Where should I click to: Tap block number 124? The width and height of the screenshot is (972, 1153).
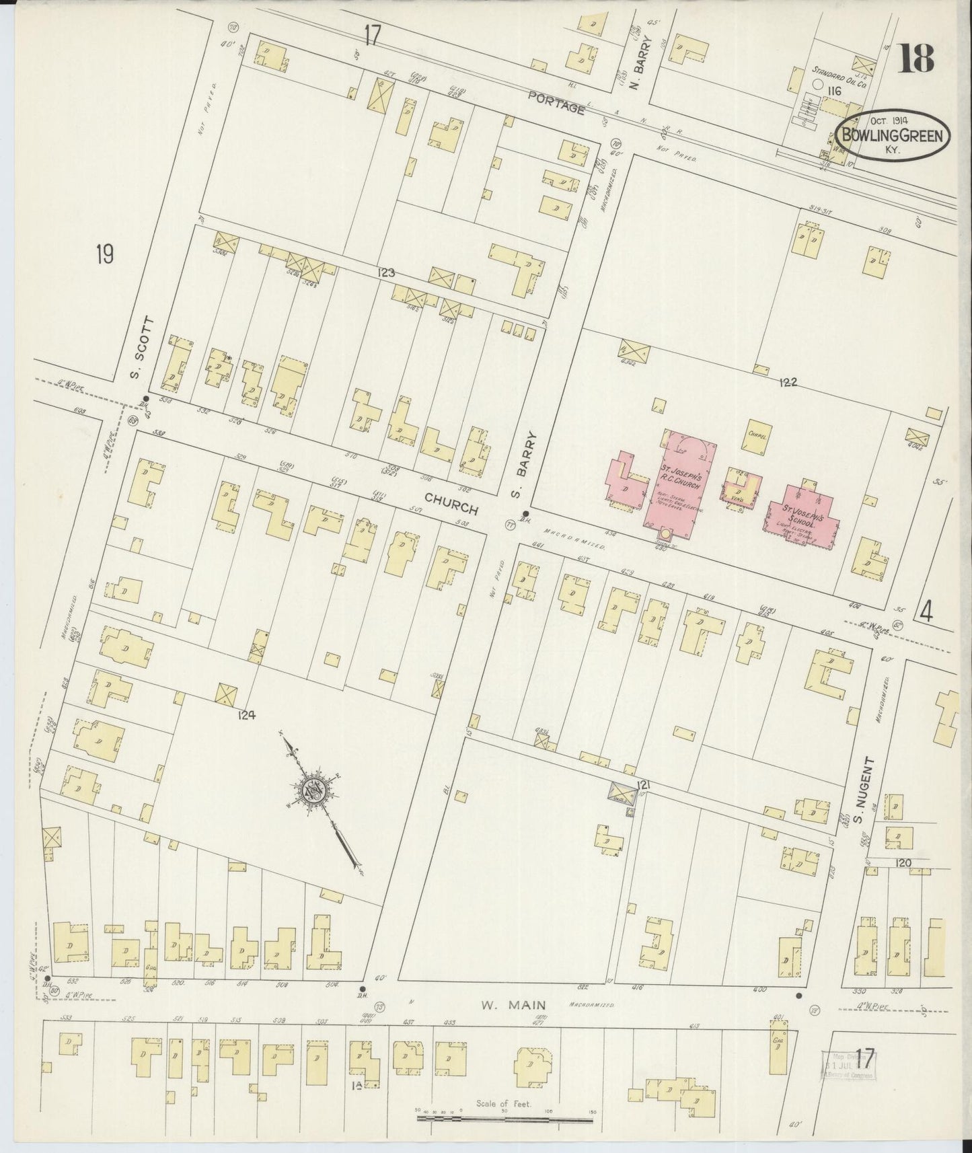click(246, 716)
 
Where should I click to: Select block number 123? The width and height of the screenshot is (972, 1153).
click(385, 272)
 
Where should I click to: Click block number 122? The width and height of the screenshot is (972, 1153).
click(787, 382)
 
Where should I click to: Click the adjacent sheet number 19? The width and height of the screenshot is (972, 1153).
click(104, 254)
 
